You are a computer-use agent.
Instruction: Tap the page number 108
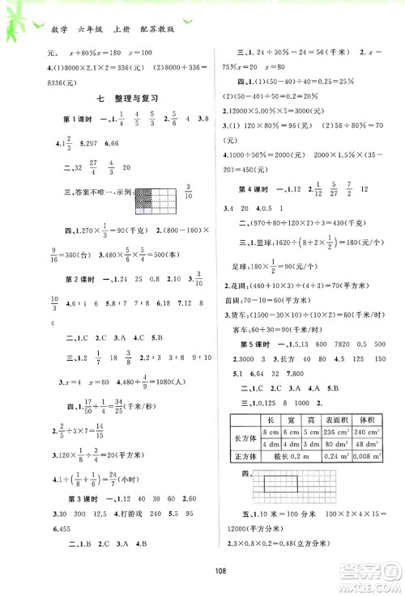coord(202,577)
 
